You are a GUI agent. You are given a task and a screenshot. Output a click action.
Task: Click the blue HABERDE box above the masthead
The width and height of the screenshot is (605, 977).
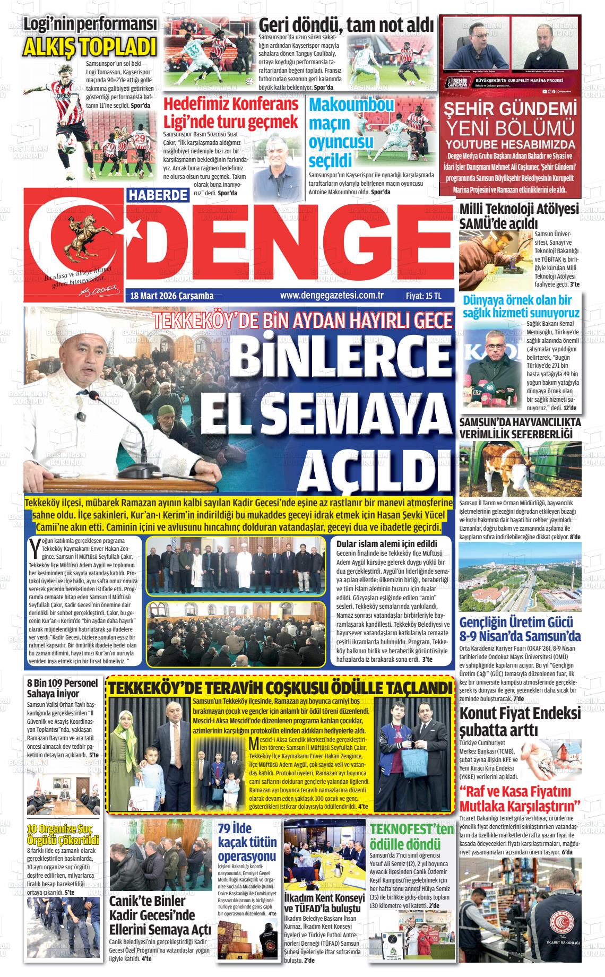(158, 195)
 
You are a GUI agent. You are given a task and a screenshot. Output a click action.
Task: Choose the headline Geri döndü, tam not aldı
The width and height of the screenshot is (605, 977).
(346, 24)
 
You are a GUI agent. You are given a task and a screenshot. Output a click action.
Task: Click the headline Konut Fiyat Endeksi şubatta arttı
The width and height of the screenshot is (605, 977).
(520, 721)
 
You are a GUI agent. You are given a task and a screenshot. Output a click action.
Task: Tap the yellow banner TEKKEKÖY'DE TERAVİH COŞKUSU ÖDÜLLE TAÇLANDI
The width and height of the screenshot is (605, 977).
(280, 688)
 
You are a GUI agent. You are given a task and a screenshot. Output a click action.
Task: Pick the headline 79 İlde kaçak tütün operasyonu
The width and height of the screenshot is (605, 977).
(247, 842)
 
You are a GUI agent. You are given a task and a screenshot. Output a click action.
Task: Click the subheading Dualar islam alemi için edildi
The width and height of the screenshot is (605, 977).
(386, 543)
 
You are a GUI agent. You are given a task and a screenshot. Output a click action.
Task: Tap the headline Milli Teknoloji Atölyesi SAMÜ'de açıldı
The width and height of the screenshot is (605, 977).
(518, 216)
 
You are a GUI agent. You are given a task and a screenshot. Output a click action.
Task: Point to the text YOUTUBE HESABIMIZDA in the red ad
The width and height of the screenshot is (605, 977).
(510, 144)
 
